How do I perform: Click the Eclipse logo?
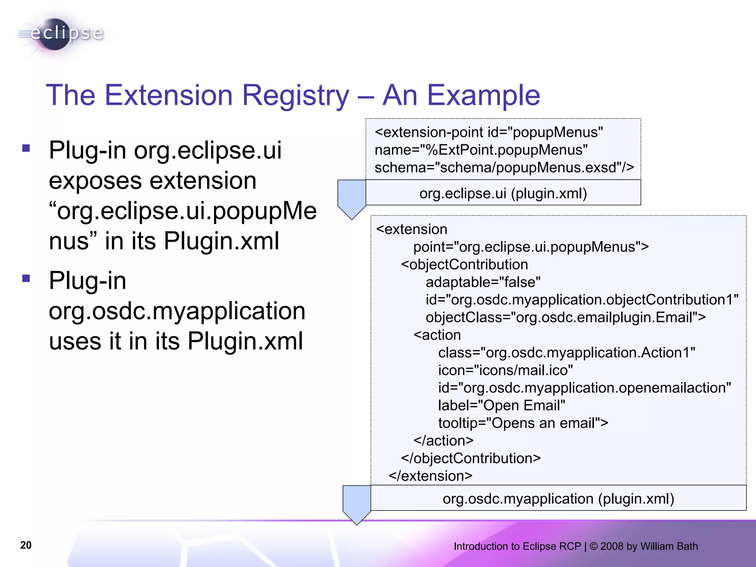tap(61, 34)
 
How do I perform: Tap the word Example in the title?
tap(484, 95)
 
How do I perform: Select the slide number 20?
tap(26, 545)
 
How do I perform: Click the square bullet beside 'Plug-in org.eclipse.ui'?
tap(26, 148)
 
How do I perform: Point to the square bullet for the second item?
tap(26, 278)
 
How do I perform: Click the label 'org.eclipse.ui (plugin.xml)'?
tap(503, 193)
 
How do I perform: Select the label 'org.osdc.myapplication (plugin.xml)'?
tap(558, 499)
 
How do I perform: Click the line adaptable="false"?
tap(483, 282)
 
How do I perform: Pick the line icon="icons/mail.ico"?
tap(505, 370)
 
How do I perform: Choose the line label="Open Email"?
tap(501, 405)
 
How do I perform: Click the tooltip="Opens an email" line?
tap(523, 423)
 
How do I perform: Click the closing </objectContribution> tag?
tap(471, 458)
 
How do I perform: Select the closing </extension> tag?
tap(430, 476)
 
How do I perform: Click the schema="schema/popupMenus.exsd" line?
tap(504, 168)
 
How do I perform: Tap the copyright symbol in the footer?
tap(594, 546)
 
